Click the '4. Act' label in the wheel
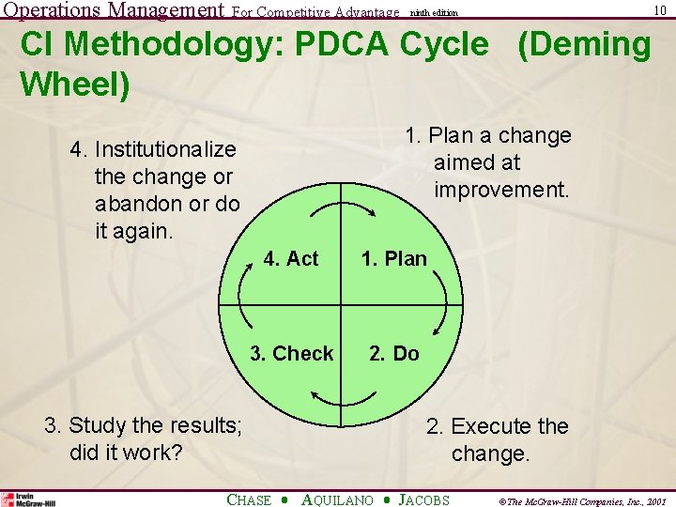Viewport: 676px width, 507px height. click(x=291, y=259)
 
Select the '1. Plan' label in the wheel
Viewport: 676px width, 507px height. click(x=394, y=259)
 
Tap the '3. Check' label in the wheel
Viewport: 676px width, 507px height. click(x=291, y=354)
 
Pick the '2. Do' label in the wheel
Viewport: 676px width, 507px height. click(x=394, y=354)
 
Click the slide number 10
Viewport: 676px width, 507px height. click(x=660, y=10)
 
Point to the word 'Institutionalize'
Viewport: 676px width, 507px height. click(x=165, y=149)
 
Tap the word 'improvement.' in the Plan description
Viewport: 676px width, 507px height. click(x=501, y=190)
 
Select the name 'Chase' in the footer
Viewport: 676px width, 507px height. click(x=250, y=499)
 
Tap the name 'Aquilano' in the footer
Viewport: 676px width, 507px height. click(x=337, y=499)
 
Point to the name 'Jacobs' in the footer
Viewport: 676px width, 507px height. click(x=424, y=499)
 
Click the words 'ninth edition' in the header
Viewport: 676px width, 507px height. click(x=433, y=12)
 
